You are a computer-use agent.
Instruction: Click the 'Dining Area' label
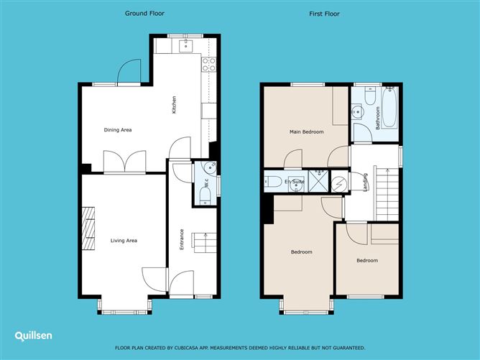[x=118, y=130]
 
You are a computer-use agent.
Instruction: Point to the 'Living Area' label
[x=123, y=241]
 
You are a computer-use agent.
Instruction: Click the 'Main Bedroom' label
[x=306, y=132]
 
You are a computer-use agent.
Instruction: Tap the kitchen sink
[x=183, y=47]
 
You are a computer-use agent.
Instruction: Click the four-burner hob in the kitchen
[x=209, y=65]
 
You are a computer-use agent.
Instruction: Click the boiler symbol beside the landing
[x=338, y=182]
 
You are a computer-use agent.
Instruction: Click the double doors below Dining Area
[x=126, y=162]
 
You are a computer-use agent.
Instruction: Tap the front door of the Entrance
[x=185, y=282]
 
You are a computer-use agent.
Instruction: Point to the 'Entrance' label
[x=181, y=239]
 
